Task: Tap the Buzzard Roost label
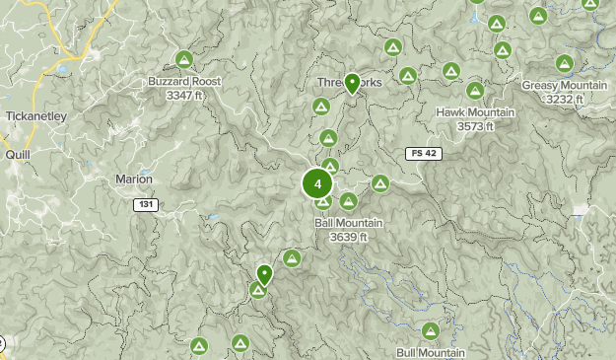[184, 82]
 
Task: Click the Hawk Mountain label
[475, 112]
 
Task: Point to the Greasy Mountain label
[566, 86]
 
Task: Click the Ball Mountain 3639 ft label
[348, 223]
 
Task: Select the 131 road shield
[145, 204]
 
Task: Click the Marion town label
[134, 179]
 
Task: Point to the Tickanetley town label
[35, 115]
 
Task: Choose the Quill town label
[18, 155]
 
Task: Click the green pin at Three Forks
[351, 85]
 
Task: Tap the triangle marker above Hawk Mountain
[475, 91]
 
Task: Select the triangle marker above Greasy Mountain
[565, 64]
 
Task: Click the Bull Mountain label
[431, 352]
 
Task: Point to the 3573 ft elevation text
[475, 125]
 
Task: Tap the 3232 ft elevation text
[566, 99]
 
